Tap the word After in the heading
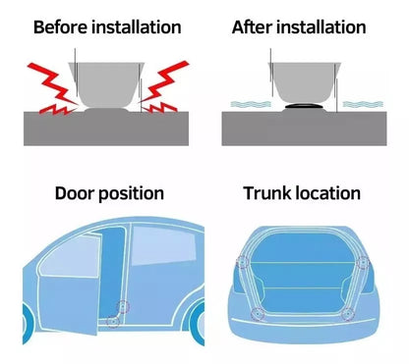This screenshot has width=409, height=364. tap(251, 26)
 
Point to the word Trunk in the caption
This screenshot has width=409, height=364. tap(267, 193)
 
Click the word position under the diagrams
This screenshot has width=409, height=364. tap(128, 193)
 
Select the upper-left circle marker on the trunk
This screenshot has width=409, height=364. tap(242, 262)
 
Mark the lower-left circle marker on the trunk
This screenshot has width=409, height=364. tap(259, 314)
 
